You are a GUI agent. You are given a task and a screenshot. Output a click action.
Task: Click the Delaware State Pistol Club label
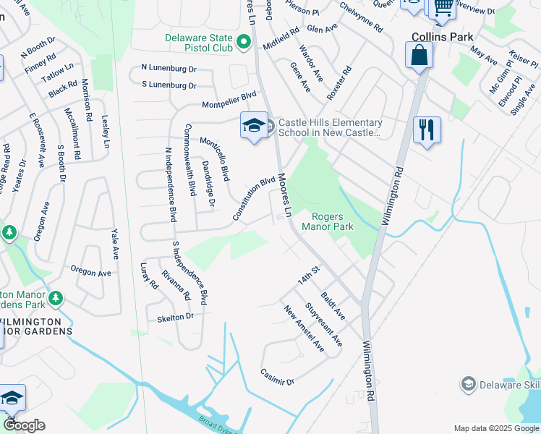199,43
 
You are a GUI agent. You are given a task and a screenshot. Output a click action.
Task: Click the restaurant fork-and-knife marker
427,130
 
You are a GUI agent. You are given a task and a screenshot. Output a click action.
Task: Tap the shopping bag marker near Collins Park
419,54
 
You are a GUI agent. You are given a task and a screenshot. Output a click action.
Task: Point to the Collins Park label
442,37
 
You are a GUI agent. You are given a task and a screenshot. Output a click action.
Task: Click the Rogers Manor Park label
332,221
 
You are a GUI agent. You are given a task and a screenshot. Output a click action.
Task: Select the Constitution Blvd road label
254,198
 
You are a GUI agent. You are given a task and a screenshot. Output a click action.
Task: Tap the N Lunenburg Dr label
169,67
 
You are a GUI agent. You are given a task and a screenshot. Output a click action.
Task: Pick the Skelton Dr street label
175,317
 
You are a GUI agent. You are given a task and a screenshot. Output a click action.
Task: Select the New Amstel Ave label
304,328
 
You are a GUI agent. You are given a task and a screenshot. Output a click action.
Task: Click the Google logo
24,425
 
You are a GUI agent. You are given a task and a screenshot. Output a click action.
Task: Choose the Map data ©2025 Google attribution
495,428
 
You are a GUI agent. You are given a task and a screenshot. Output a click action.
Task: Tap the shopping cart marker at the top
442,7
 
